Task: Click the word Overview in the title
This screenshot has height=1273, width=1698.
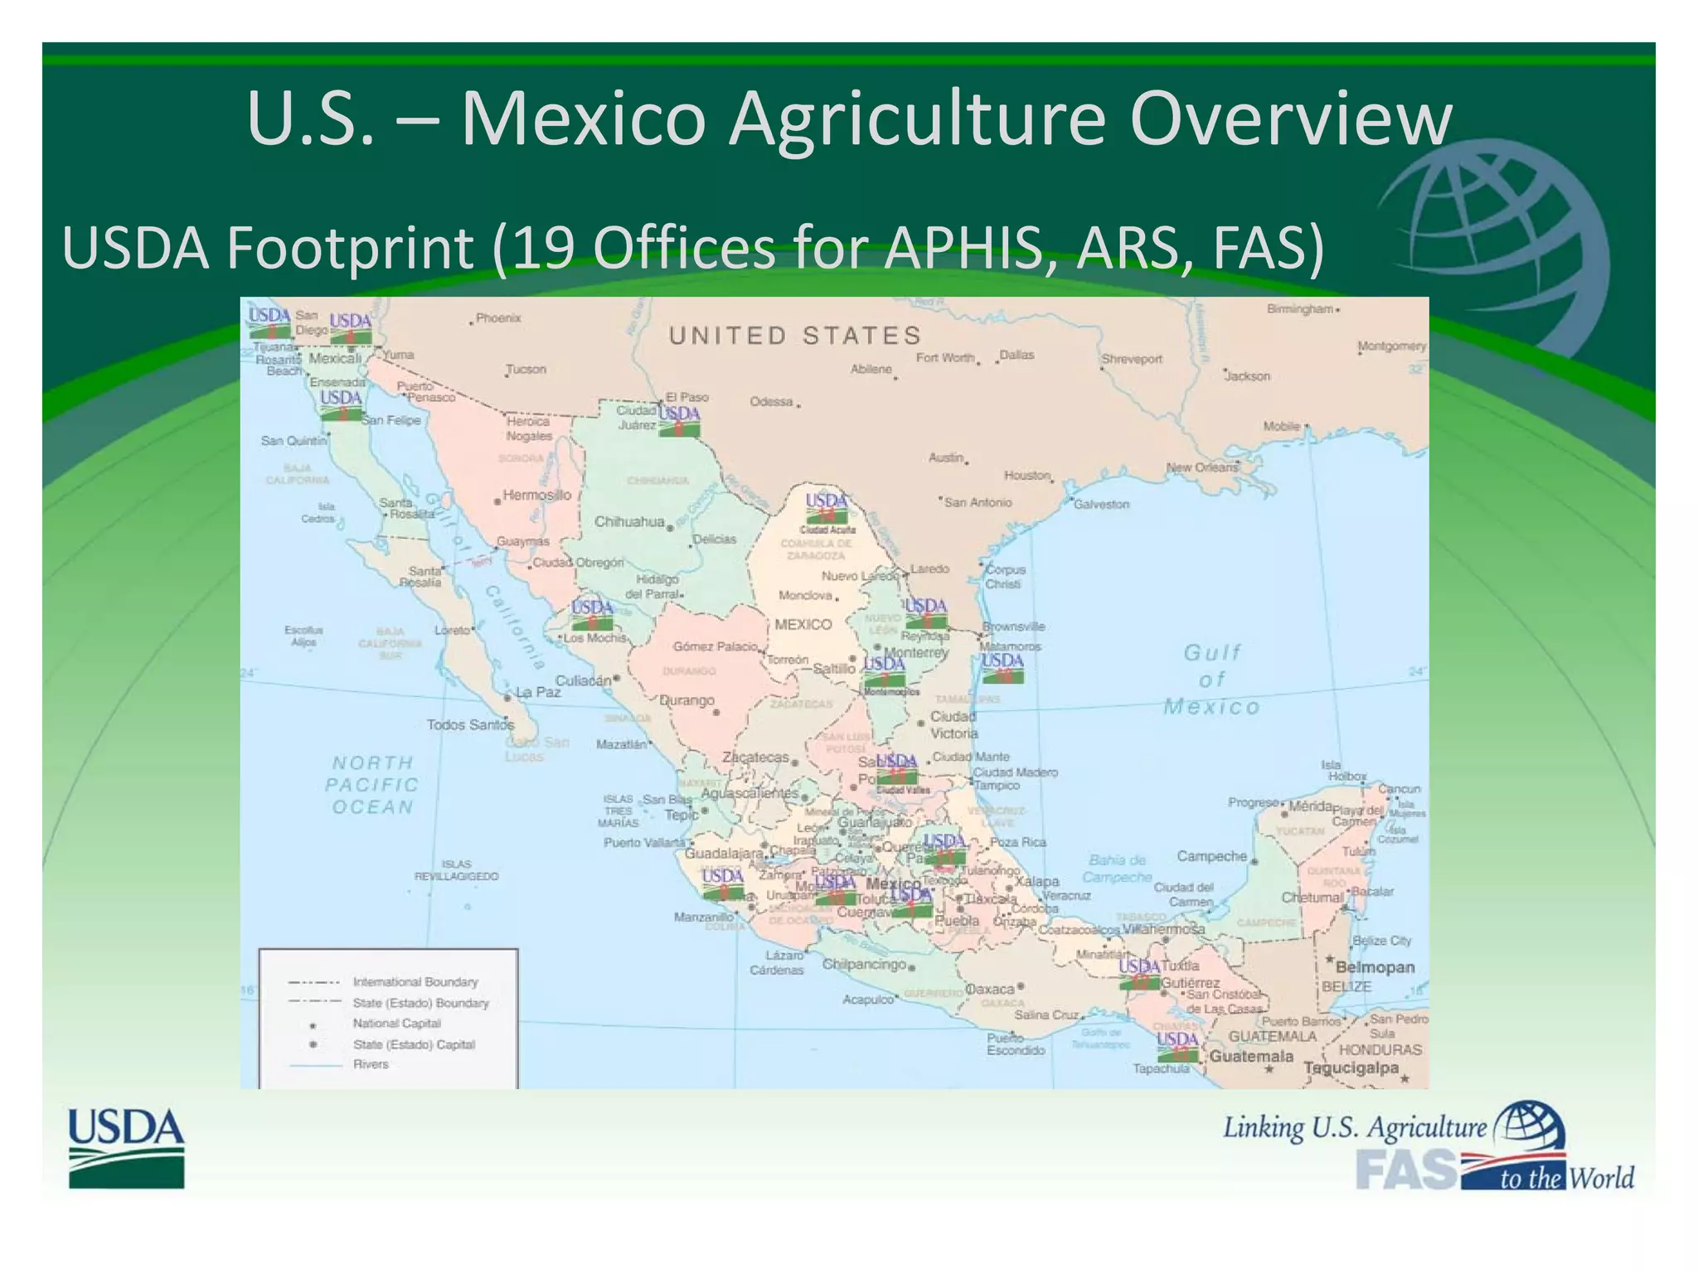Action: click(1290, 119)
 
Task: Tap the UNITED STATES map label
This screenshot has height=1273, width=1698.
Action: click(795, 336)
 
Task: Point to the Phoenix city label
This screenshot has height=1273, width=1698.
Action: click(498, 318)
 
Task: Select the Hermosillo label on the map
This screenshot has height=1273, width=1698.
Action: click(536, 496)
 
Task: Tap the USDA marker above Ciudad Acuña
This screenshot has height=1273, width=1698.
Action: click(827, 508)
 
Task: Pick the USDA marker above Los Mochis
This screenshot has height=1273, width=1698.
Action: click(592, 614)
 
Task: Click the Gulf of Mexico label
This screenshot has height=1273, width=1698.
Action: click(1211, 680)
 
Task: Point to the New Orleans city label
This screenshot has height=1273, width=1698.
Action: click(1202, 467)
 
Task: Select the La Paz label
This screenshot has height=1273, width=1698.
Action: click(537, 692)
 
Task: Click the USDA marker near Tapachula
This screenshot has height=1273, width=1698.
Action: click(1177, 1046)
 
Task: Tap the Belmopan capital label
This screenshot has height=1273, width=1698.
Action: click(1375, 967)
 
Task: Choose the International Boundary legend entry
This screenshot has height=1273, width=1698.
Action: click(415, 982)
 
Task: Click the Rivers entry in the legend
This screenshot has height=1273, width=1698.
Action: click(371, 1064)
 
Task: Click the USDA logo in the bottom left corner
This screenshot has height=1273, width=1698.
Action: click(126, 1147)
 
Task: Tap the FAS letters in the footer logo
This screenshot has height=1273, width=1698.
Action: click(1406, 1169)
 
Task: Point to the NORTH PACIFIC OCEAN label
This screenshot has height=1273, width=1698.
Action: click(371, 784)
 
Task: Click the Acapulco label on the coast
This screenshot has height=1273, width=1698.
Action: click(867, 1000)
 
